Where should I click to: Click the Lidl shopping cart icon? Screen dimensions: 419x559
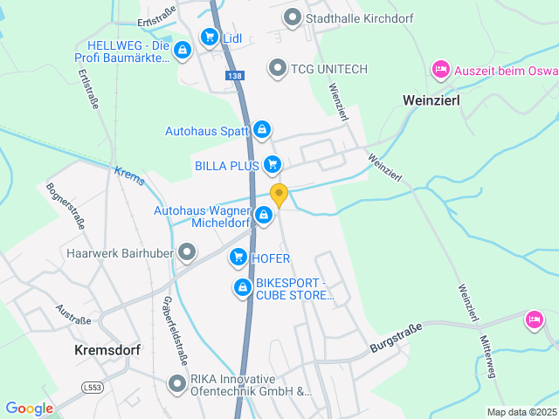209,37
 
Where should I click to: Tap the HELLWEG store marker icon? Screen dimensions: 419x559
181,52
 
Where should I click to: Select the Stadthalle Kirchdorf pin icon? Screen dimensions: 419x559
293,17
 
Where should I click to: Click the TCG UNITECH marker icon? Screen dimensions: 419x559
278,67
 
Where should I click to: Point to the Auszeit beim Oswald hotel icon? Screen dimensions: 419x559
441,68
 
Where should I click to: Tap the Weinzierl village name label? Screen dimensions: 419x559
431,100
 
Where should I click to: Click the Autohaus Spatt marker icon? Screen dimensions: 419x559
262,130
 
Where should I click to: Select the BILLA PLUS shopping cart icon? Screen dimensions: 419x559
273,163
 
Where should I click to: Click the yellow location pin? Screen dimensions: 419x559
279,195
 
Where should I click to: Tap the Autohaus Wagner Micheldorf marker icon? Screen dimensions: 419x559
264,214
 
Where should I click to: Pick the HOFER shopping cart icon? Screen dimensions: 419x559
238,258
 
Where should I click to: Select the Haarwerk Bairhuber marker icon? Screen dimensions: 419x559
187,253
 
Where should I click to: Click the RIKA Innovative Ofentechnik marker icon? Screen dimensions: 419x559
176,382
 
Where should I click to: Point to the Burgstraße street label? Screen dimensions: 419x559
396,338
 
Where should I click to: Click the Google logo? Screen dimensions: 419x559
29,408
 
